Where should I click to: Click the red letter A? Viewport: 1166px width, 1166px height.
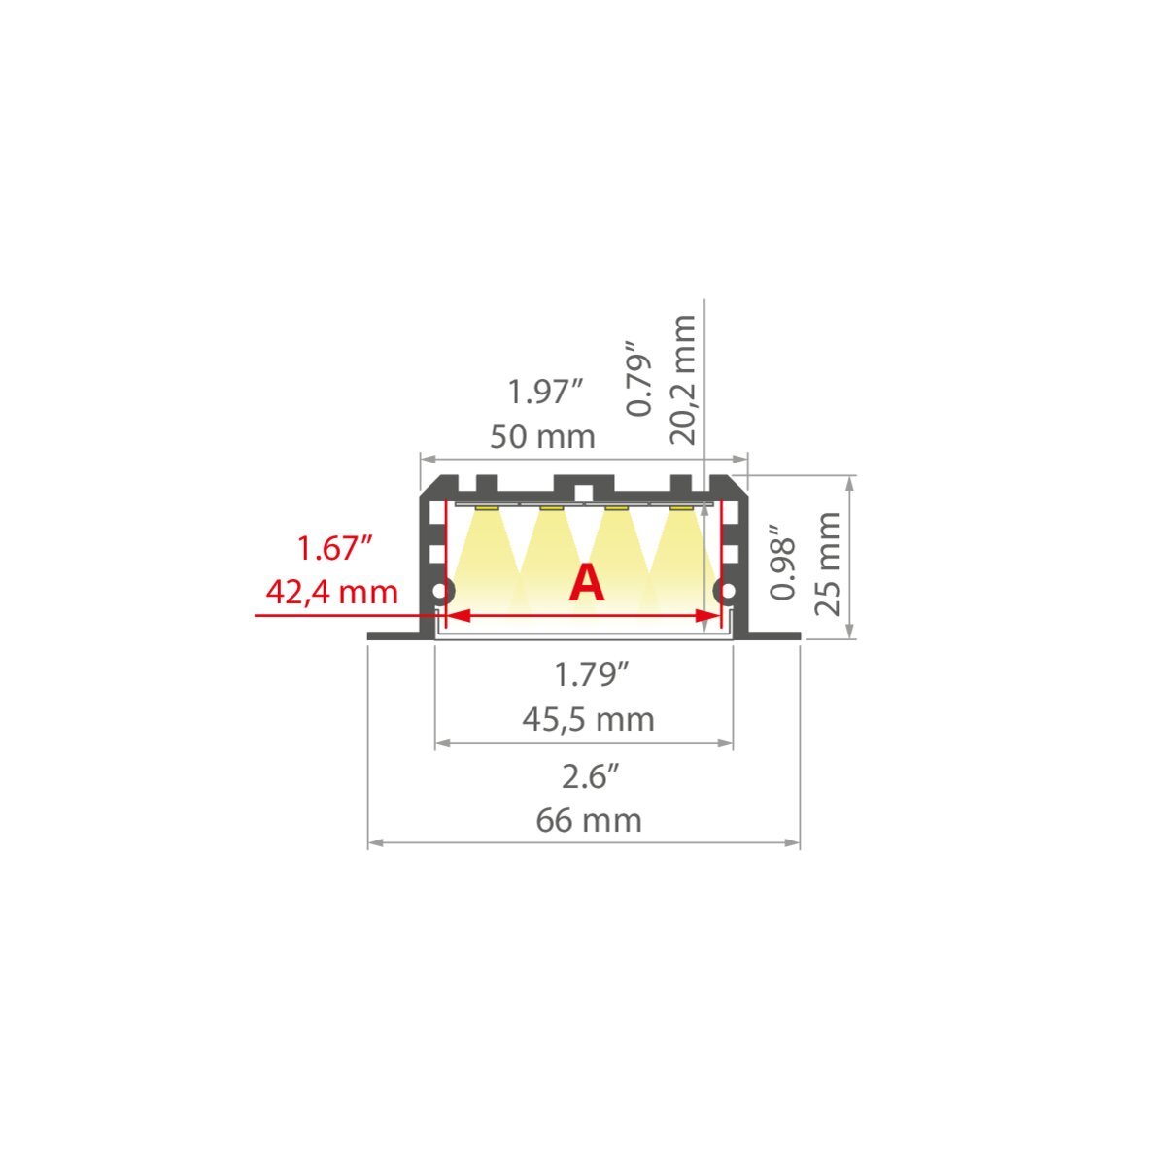pos(586,583)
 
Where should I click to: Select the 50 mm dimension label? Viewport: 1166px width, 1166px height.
pos(542,437)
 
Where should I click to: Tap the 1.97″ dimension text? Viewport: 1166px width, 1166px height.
pos(545,392)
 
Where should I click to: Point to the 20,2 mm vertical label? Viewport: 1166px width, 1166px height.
pos(684,380)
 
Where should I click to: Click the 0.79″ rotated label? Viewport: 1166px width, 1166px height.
pos(639,379)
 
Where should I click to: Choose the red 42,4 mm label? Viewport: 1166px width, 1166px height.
pos(331,593)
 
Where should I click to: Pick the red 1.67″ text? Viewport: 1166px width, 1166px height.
pos(333,548)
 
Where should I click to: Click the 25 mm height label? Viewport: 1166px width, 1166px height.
pos(828,564)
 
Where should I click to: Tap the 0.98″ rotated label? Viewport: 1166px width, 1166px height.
pos(783,562)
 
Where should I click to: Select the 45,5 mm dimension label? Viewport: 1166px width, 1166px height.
pos(588,719)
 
